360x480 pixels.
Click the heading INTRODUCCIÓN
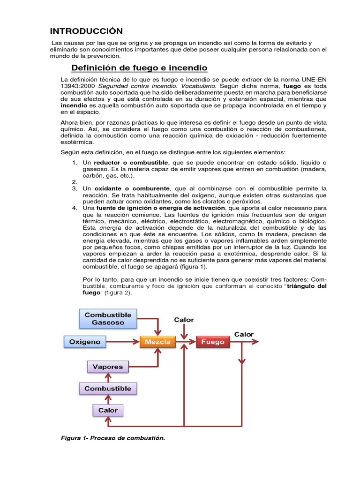point(86,31)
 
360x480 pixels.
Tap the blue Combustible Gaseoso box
point(108,319)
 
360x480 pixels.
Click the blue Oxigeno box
point(85,342)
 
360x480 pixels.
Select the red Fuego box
point(213,342)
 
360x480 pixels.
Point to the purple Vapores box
point(108,367)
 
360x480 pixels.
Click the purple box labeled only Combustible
point(108,389)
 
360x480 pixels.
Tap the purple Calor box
point(108,411)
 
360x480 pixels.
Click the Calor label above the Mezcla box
point(184,320)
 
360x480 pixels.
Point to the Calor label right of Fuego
point(244,334)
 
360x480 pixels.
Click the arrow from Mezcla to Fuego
point(185,342)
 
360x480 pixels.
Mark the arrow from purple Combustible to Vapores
point(108,377)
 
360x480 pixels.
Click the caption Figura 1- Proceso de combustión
point(113,438)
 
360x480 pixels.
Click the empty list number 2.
point(75,181)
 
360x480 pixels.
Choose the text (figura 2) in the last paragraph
point(118,292)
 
